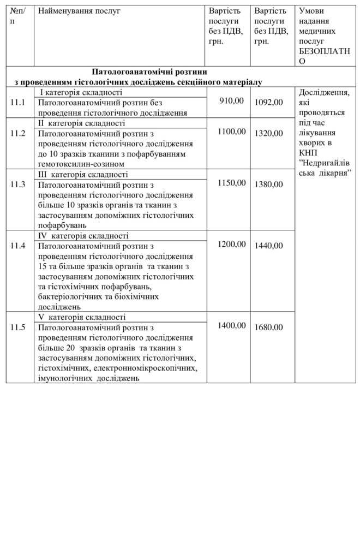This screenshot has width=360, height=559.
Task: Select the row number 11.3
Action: [x=17, y=185]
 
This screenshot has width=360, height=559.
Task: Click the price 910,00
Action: [x=231, y=100]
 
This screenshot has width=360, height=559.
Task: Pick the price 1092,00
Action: [x=269, y=102]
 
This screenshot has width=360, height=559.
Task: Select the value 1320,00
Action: [x=269, y=133]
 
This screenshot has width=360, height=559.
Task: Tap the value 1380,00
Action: [x=269, y=185]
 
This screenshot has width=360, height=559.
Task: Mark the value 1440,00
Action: [x=269, y=246]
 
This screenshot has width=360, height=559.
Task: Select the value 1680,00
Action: [x=269, y=328]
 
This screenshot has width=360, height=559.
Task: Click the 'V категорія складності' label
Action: [x=82, y=317]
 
